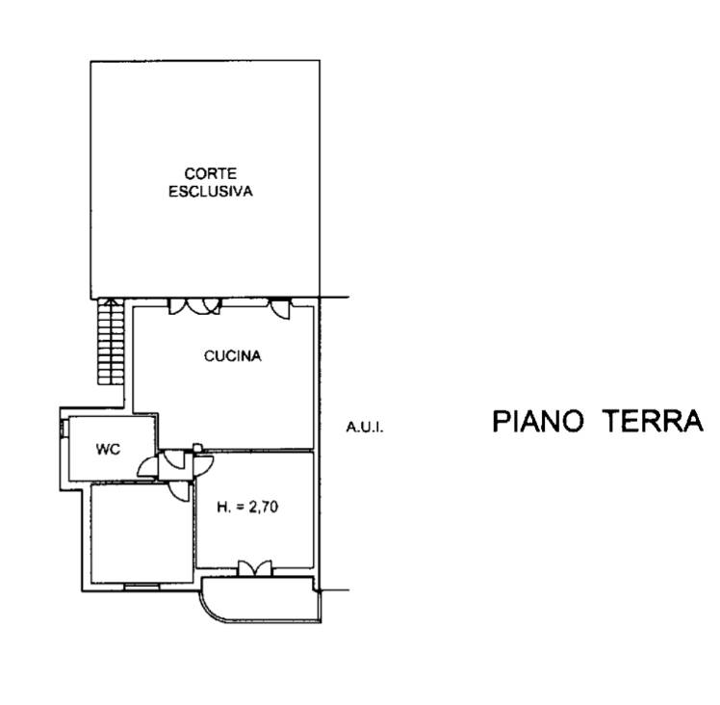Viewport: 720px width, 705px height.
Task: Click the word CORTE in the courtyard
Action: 210,173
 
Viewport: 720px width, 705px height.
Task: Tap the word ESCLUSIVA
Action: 211,192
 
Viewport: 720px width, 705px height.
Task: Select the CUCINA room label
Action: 233,356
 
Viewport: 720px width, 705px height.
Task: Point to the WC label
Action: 109,449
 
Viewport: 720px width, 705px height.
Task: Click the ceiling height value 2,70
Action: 263,507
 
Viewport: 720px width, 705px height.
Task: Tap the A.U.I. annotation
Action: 365,428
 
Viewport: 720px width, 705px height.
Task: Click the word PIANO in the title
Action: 538,421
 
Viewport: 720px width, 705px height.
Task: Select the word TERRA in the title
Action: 654,421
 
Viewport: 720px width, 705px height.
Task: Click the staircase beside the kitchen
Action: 111,342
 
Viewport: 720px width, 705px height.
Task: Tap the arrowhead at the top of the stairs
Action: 111,301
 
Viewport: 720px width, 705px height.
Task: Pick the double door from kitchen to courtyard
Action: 195,306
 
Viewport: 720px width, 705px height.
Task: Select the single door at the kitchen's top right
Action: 280,308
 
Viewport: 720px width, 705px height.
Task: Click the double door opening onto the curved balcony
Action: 254,568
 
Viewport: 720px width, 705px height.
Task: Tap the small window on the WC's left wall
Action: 63,429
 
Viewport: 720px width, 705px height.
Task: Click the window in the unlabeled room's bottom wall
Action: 141,586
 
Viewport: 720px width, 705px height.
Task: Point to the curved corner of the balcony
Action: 208,607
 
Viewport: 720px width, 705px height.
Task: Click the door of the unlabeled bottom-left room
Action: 180,491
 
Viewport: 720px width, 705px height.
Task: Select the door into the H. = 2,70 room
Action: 203,465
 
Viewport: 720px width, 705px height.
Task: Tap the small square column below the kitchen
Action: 197,448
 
